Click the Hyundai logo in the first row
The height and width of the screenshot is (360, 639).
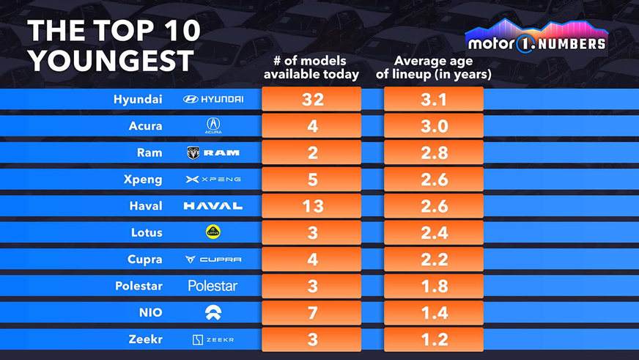pos(213,99)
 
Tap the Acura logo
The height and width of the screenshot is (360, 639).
pos(213,126)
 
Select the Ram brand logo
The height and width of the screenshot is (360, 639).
pos(213,153)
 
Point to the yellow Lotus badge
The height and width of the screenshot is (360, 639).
pos(213,232)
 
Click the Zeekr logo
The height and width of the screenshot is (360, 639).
pos(213,339)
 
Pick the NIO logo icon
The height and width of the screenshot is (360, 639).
pos(213,312)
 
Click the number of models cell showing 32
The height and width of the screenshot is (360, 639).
pos(312,100)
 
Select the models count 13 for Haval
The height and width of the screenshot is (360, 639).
pos(312,206)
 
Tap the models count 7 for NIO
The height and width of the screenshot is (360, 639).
pos(312,313)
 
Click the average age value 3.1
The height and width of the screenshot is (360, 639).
pos(434,100)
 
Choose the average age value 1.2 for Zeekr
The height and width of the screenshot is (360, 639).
pos(434,339)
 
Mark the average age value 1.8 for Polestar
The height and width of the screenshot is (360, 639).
pos(434,286)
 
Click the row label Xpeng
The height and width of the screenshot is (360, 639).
pos(144,180)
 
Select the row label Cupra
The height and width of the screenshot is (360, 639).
pos(144,260)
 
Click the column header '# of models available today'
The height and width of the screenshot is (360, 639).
pos(311,67)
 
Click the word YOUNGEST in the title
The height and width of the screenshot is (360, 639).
pos(111,60)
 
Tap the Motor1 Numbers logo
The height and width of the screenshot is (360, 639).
pos(536,41)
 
